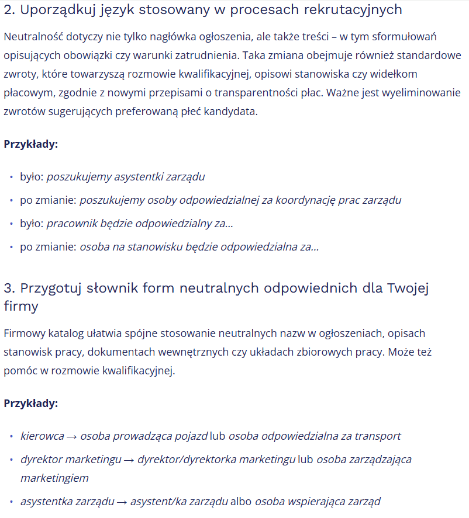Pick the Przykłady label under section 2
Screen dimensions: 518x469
[31, 144]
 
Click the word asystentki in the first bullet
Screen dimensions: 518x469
[139, 176]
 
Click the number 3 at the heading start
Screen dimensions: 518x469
[8, 288]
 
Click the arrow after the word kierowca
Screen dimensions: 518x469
[72, 436]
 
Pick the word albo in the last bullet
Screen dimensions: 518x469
[241, 501]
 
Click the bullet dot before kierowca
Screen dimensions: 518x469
[12, 436]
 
